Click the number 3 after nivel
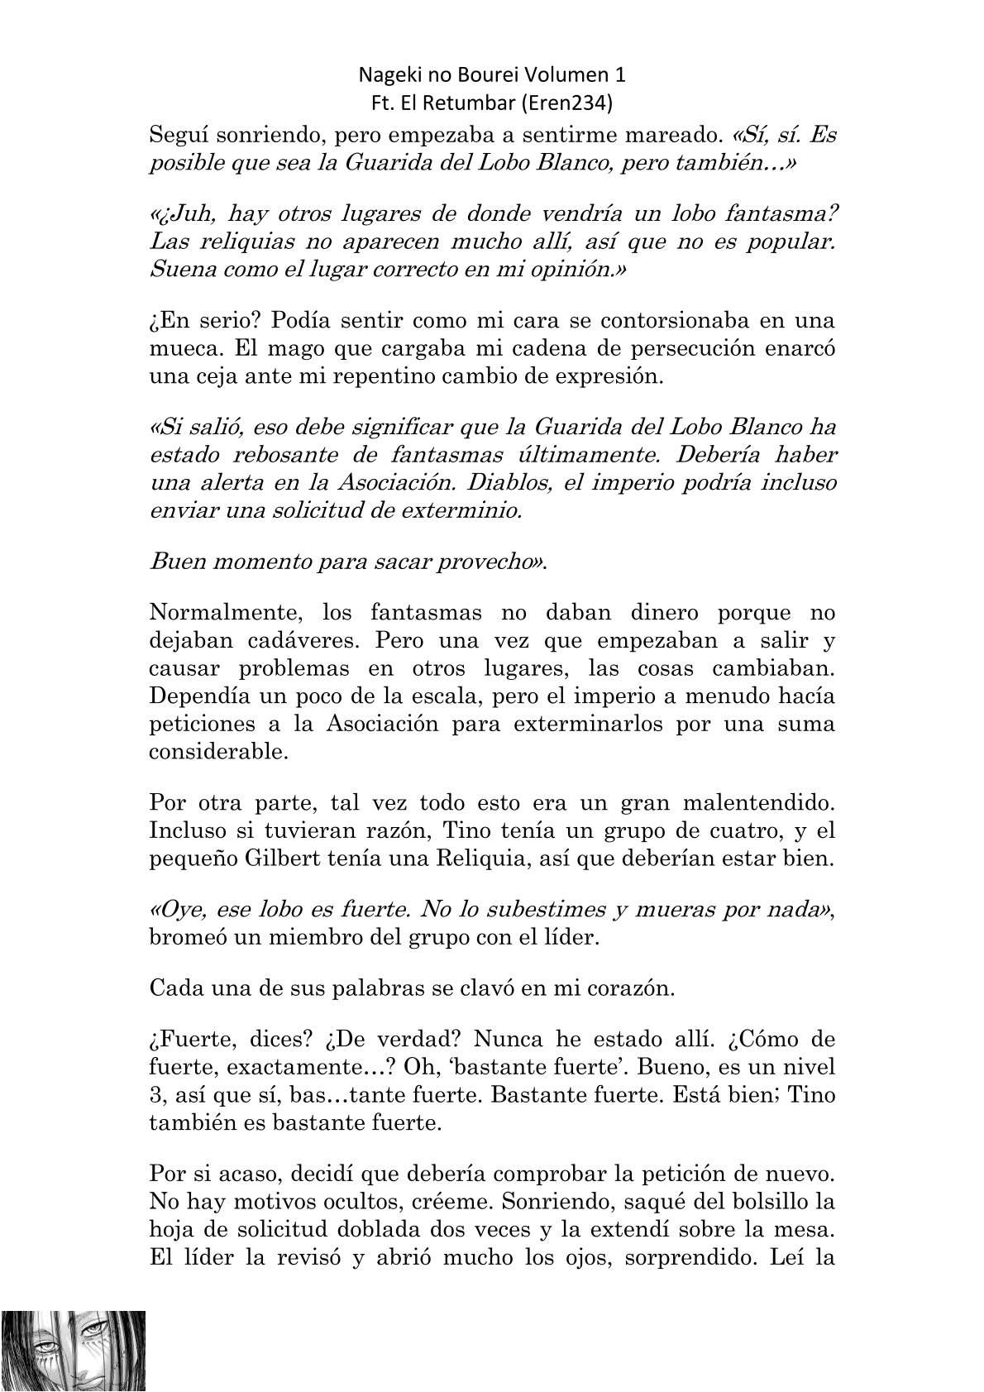(x=155, y=1095)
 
